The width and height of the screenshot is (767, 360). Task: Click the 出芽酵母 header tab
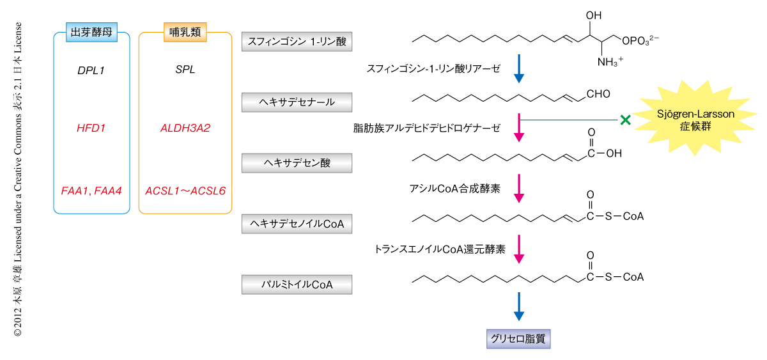tap(91, 33)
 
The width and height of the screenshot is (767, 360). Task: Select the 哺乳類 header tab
tap(185, 33)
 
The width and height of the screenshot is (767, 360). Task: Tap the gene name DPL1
tap(91, 70)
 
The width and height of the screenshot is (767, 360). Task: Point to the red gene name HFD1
tap(91, 128)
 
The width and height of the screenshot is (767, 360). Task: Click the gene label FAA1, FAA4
tap(91, 191)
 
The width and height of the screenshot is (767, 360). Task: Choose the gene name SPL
tap(185, 70)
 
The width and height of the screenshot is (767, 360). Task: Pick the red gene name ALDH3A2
tap(185, 128)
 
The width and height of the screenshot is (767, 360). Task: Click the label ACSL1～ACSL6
tap(185, 191)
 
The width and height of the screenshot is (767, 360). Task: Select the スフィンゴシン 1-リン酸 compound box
tap(297, 42)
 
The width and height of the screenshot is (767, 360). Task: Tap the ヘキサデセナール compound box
tap(297, 102)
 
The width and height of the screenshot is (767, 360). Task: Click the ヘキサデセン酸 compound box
tap(297, 162)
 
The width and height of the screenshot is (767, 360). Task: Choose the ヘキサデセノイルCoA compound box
tap(297, 223)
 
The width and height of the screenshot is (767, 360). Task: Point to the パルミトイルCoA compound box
tap(297, 284)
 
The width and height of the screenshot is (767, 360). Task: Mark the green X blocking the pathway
tap(624, 119)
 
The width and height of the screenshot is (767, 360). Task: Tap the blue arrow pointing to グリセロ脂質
tap(519, 307)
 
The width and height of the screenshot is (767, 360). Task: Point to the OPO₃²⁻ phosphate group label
tap(640, 41)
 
